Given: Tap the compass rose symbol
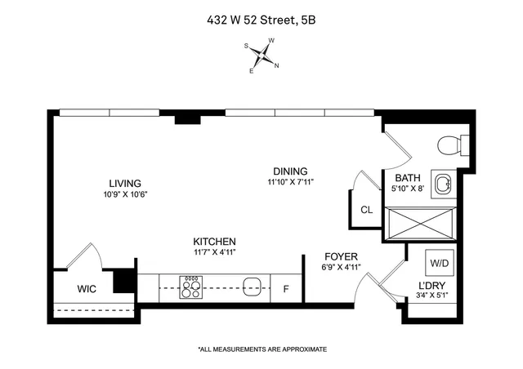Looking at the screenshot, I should tap(262, 56).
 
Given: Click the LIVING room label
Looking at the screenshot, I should tap(126, 183).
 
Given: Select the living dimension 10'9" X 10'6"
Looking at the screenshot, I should tap(126, 194).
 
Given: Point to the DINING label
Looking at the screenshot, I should tap(290, 171).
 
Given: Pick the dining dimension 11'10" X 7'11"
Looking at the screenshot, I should tap(290, 182).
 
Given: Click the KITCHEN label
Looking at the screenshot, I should tap(214, 242).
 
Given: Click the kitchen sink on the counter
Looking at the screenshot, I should tap(253, 287).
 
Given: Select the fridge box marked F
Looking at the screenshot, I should tap(286, 288).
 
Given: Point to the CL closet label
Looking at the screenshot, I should tap(367, 210).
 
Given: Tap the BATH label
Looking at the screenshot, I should tap(408, 179).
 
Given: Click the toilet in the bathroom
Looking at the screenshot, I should tap(451, 144).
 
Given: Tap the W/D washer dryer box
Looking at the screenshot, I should tap(439, 264).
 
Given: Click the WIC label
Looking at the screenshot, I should tap(87, 288).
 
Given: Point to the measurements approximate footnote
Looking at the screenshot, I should tap(262, 349).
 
